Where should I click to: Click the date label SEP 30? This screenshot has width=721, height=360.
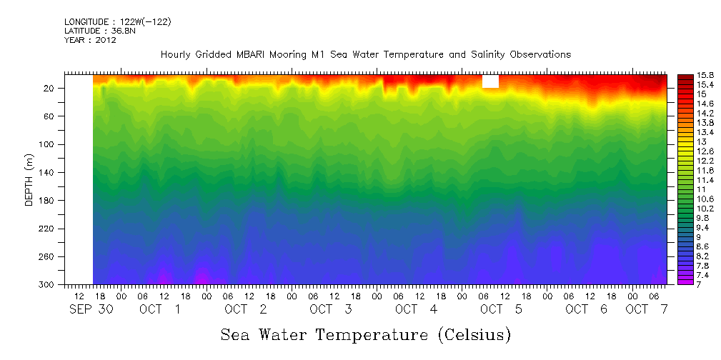[87, 310]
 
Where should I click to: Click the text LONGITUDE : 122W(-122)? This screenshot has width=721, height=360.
[117, 22]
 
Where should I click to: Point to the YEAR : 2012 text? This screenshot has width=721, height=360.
[90, 40]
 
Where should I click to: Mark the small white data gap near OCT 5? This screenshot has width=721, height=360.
[490, 81]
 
